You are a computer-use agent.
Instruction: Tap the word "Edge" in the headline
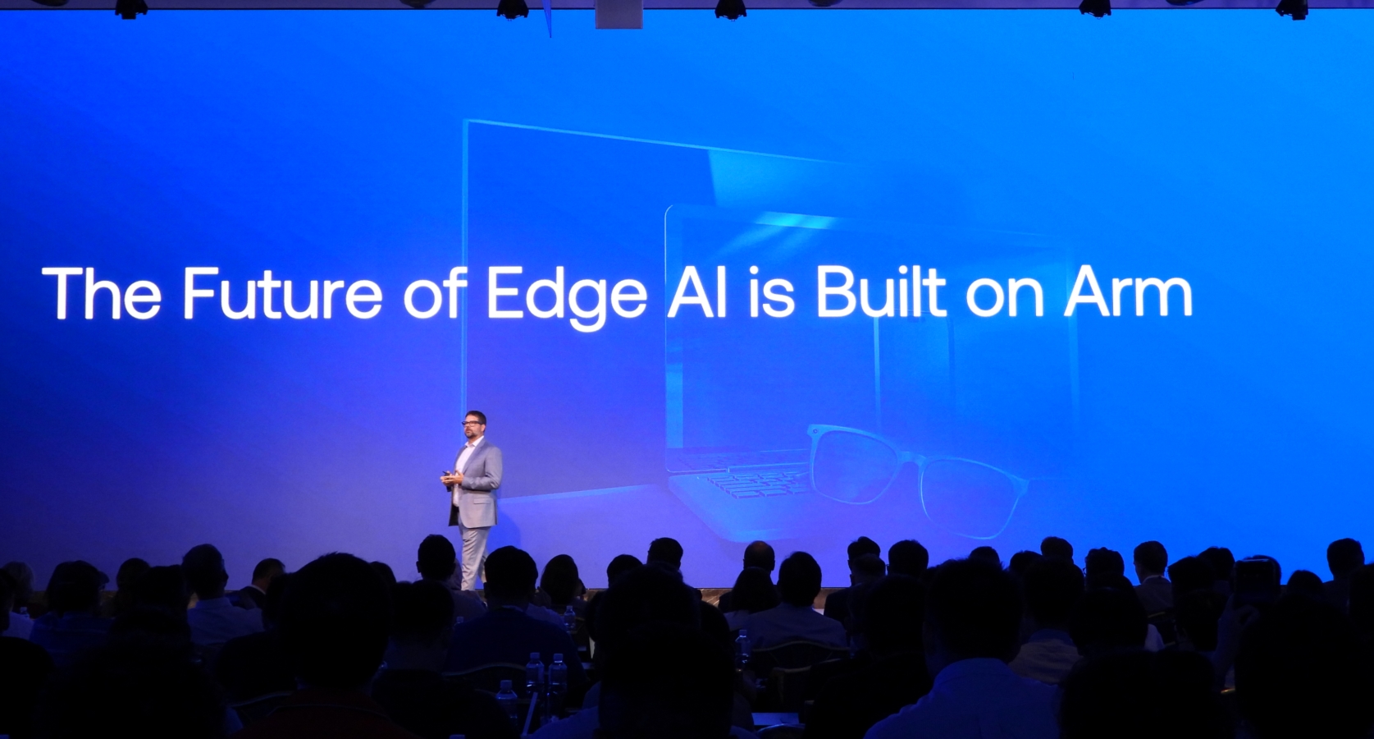coord(566,298)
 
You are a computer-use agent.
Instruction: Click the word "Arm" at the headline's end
coord(1129,293)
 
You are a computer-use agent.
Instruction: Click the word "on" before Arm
coord(1004,299)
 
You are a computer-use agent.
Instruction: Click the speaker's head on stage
coord(474,425)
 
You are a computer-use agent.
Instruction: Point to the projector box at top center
coord(619,13)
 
